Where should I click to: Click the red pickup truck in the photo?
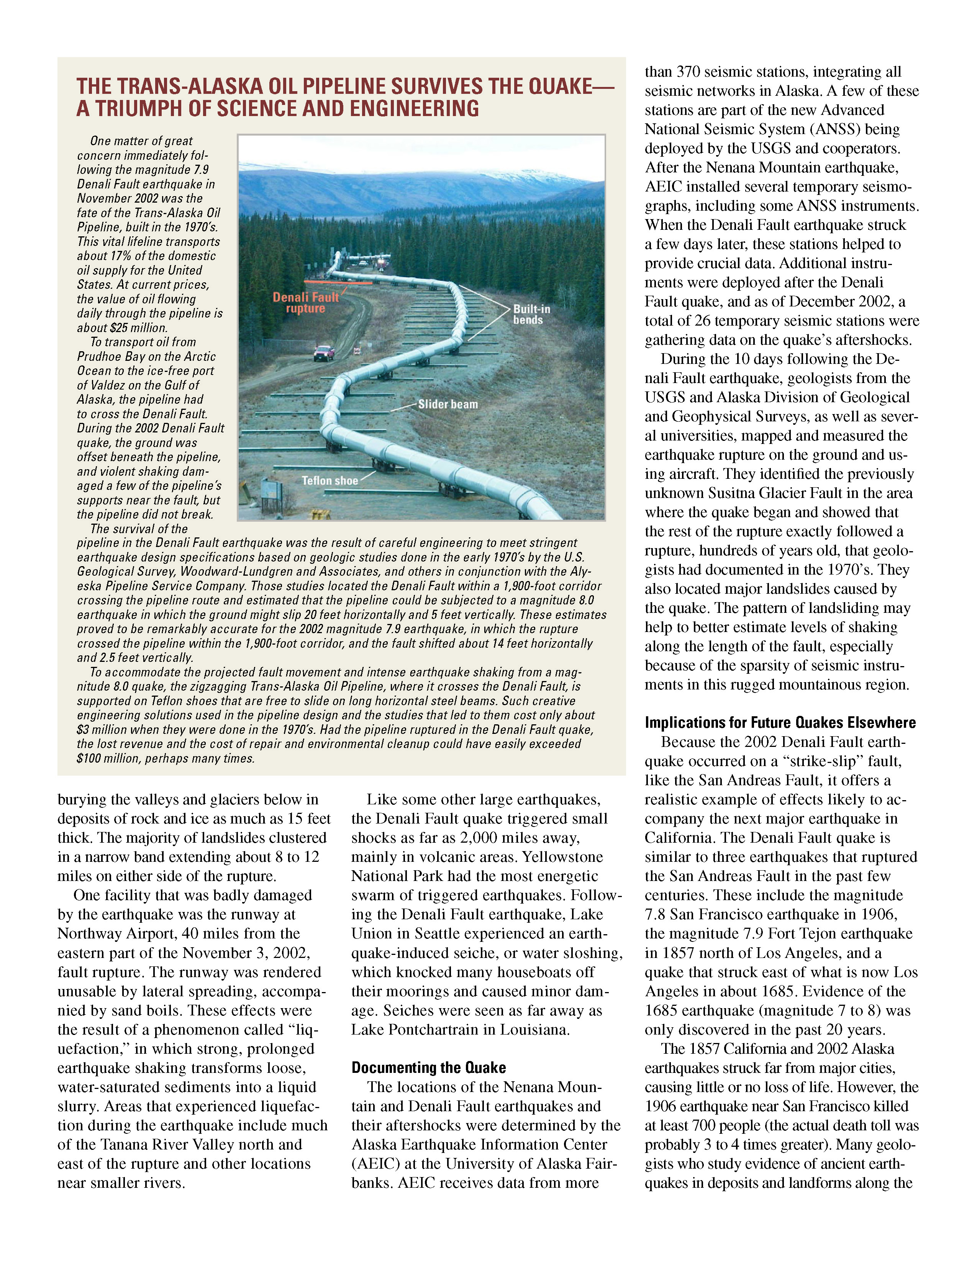tap(323, 352)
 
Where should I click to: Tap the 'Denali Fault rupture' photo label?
tap(306, 303)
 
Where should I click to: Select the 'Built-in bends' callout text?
tap(531, 314)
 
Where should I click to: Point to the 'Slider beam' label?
tap(448, 404)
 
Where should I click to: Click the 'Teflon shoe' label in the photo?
tap(329, 480)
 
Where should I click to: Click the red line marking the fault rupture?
tap(338, 282)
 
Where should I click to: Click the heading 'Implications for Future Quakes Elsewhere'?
tap(780, 722)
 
